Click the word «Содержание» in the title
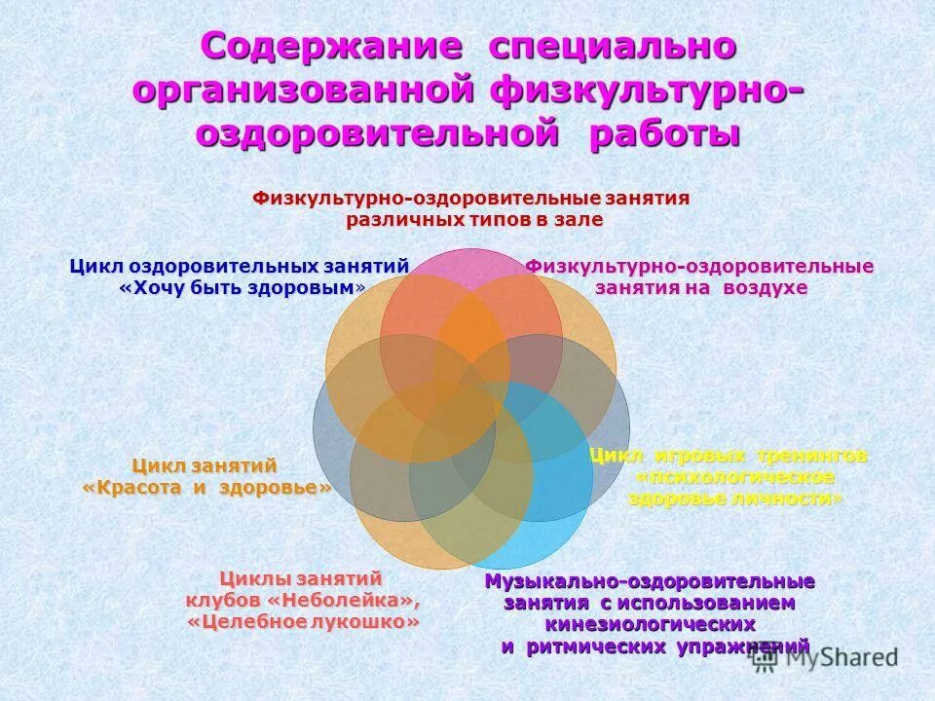click(331, 47)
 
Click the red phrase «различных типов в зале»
click(474, 220)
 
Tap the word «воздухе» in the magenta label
click(765, 288)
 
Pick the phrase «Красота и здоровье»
click(206, 488)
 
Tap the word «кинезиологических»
click(651, 624)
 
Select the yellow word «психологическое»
click(736, 477)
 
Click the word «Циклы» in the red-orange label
click(247, 577)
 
